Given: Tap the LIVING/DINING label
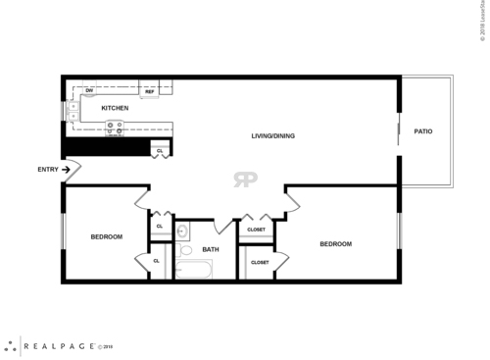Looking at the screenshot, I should pyautogui.click(x=272, y=135).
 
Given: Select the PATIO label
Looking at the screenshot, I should pyautogui.click(x=423, y=130).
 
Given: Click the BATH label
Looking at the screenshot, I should pyautogui.click(x=211, y=249).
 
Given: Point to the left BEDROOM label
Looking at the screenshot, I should pyautogui.click(x=106, y=236).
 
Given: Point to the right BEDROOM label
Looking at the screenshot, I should pyautogui.click(x=335, y=243).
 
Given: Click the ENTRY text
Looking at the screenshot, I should pyautogui.click(x=48, y=170).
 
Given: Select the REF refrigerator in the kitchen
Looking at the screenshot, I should pyautogui.click(x=151, y=91).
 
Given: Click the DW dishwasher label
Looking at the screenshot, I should pyautogui.click(x=89, y=91).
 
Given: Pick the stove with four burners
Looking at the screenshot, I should pyautogui.click(x=115, y=126).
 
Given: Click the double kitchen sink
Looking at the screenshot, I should pyautogui.click(x=74, y=111).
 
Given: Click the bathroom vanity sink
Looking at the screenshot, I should pyautogui.click(x=182, y=231).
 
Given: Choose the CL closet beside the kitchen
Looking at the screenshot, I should pyautogui.click(x=158, y=149).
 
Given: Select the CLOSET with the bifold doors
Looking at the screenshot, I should pyautogui.click(x=256, y=230).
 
